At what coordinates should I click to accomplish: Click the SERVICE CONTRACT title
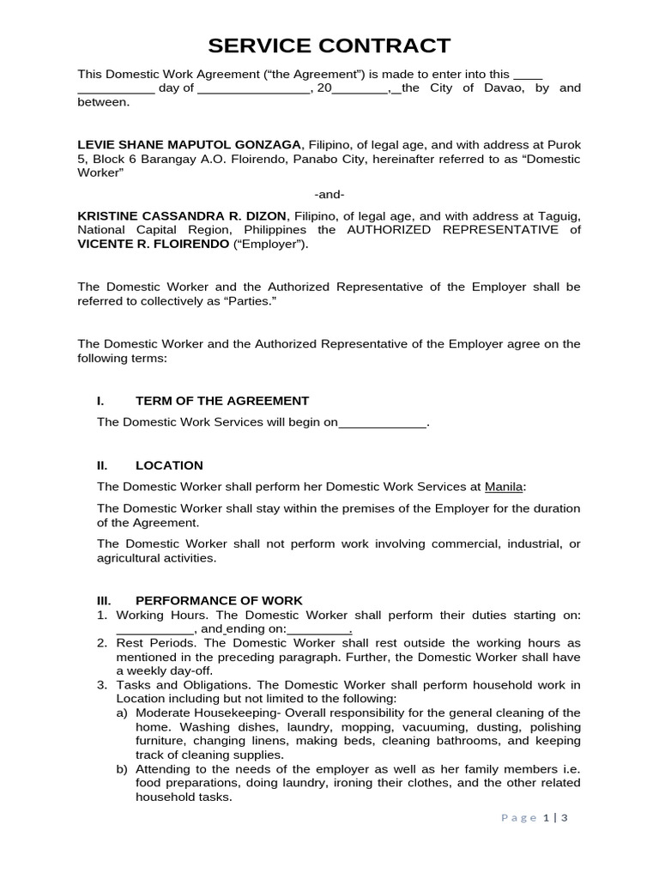[329, 45]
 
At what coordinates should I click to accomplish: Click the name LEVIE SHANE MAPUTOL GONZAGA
[190, 144]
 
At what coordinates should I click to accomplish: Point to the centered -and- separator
[329, 194]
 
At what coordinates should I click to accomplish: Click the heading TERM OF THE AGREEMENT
[221, 401]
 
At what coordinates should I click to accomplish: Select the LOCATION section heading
[169, 465]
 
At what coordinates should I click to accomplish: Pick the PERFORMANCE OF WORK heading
[219, 601]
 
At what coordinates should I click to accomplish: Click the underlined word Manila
[504, 487]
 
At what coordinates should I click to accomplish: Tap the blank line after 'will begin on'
[383, 423]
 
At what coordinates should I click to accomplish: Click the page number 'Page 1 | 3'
[535, 817]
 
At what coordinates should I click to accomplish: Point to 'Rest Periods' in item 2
[157, 643]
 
